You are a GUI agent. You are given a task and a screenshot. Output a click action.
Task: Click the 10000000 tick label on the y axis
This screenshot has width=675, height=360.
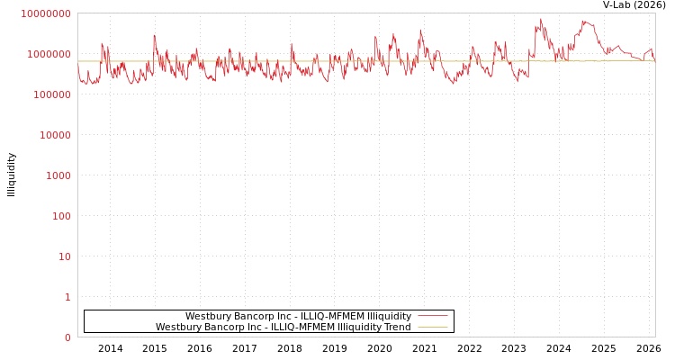point(45,13)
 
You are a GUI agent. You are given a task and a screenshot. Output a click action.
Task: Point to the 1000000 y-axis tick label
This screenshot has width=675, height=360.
point(48,54)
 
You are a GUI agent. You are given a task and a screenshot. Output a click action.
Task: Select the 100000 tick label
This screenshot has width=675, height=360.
point(50,94)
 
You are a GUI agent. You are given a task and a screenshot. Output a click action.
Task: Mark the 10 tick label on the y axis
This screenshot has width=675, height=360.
point(65,256)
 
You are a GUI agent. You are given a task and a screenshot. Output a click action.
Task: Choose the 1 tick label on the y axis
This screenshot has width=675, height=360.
point(67,297)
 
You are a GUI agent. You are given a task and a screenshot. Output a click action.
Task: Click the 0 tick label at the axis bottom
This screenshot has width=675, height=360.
point(67,337)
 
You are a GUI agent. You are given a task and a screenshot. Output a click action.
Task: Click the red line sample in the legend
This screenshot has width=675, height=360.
point(433,316)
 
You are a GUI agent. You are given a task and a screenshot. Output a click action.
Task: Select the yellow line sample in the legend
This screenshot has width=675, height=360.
point(433,327)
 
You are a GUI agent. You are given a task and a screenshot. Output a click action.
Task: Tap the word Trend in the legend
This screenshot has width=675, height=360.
point(397,327)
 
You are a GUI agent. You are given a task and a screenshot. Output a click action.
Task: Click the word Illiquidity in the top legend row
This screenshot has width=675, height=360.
point(386,316)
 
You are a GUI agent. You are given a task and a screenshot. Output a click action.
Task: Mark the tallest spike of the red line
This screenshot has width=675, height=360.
point(541,20)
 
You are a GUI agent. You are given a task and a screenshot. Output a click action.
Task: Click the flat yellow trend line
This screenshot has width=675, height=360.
point(270,61)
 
